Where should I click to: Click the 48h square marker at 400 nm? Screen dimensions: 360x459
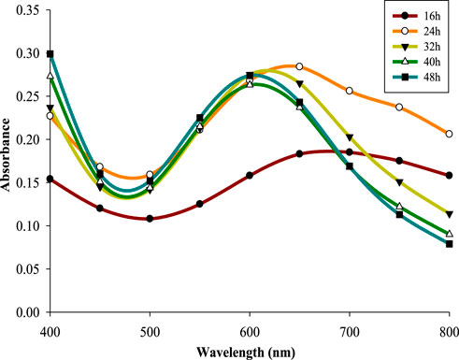pos(50,54)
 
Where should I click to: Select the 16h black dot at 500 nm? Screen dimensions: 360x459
pos(150,219)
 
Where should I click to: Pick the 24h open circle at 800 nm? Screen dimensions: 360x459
pos(449,134)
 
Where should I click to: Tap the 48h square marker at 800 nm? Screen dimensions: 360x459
pos(449,244)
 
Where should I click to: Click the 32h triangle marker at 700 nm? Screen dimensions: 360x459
pos(350,137)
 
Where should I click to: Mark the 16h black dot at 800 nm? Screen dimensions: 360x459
pos(449,176)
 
